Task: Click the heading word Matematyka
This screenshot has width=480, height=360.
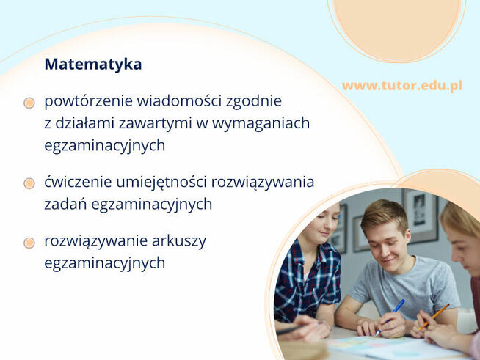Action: pyautogui.click(x=93, y=65)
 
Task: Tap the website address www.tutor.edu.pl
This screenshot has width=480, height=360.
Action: pyautogui.click(x=401, y=86)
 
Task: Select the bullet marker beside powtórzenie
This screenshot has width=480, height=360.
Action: pyautogui.click(x=29, y=103)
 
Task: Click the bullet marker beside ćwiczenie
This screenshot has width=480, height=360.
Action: pyautogui.click(x=29, y=183)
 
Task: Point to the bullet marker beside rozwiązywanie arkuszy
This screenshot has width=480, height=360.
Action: pyautogui.click(x=29, y=243)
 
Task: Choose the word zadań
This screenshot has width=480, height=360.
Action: pyautogui.click(x=63, y=205)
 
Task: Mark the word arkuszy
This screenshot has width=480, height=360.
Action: pyautogui.click(x=179, y=241)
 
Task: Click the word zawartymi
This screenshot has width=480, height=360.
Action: pyautogui.click(x=159, y=123)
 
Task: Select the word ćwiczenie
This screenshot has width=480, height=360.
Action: pyautogui.click(x=76, y=182)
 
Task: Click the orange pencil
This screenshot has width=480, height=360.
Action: pyautogui.click(x=435, y=316)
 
